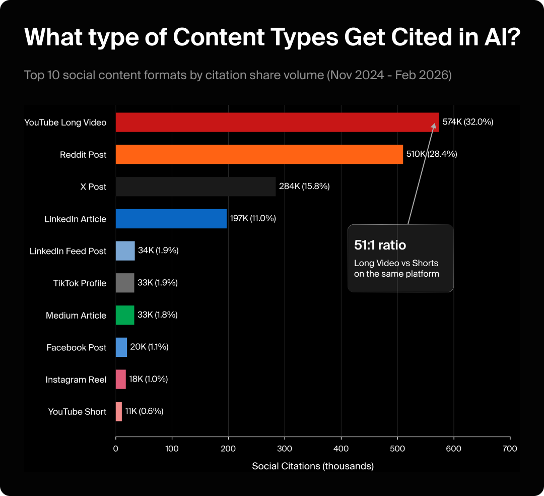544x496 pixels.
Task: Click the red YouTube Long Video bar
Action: pos(277,122)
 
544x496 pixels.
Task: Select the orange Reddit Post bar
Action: pos(259,154)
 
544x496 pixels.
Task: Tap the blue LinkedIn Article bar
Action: pos(171,219)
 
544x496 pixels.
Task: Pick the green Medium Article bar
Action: pos(125,315)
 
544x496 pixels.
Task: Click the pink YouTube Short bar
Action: pos(119,411)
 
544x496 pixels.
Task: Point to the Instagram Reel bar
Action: pos(121,379)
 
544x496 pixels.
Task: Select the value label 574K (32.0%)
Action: pos(467,122)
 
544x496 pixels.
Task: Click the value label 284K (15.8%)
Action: pos(304,187)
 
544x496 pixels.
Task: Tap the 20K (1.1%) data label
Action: pos(149,347)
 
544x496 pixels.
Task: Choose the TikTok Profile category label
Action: pos(80,283)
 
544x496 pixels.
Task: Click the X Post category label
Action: pos(93,187)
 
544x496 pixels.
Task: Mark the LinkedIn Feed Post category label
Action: pos(68,251)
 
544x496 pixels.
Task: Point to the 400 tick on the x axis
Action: pos(341,448)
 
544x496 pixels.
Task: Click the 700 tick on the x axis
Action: pos(510,448)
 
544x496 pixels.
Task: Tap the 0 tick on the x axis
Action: pos(116,448)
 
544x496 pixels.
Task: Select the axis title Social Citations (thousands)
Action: pos(313,466)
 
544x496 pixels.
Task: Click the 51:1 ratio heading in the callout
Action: pos(380,245)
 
